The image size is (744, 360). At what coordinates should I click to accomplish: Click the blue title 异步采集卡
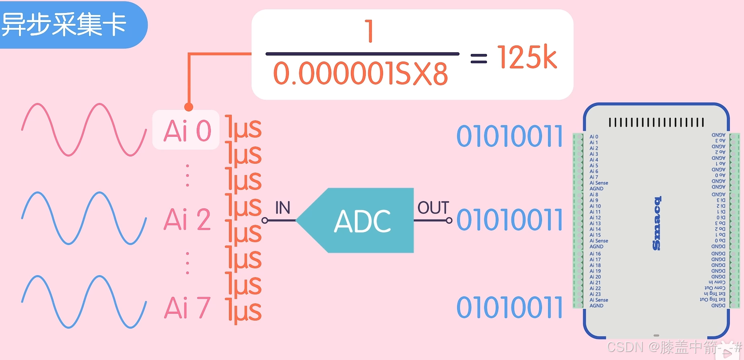click(x=64, y=24)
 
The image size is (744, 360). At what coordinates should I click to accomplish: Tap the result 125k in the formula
click(x=527, y=58)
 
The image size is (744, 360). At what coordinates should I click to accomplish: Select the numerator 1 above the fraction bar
click(x=369, y=31)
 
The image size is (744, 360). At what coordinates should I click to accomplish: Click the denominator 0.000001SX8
click(x=360, y=74)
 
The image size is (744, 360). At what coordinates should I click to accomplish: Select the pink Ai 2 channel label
click(x=187, y=220)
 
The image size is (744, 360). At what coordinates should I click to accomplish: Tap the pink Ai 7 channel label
click(x=187, y=308)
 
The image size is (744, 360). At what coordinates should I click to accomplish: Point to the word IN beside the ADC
click(x=282, y=208)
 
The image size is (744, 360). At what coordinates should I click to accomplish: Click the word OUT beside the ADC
click(x=433, y=208)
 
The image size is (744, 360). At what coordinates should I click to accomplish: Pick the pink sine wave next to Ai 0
click(x=84, y=130)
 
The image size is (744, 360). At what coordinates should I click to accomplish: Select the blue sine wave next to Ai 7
click(x=84, y=302)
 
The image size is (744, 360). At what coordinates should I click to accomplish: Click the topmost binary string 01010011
click(x=509, y=136)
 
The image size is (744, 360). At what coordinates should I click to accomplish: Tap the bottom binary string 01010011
click(x=509, y=308)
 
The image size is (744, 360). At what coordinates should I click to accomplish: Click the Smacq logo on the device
click(x=656, y=223)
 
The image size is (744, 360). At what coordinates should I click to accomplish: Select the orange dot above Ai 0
click(x=189, y=107)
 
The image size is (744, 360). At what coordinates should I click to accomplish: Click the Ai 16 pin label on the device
click(x=595, y=254)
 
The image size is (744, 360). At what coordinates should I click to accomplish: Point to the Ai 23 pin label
click(x=595, y=294)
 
